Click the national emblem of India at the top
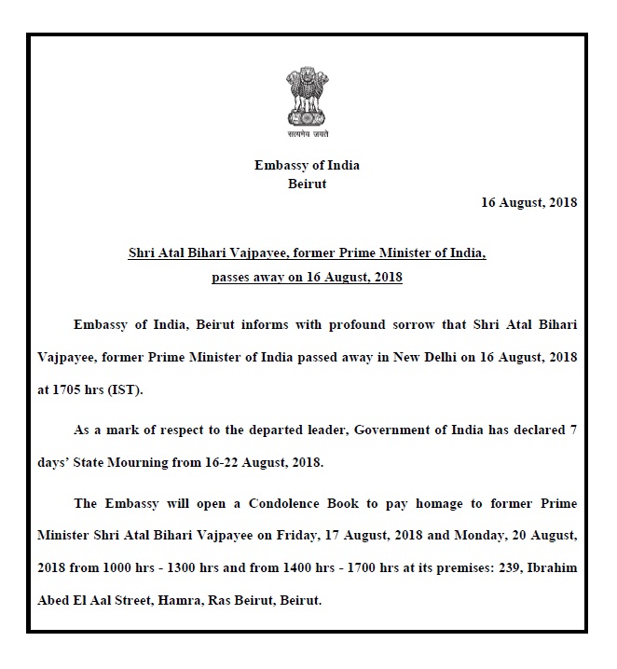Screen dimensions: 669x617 [307, 95]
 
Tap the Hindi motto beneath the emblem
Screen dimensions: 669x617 [307, 134]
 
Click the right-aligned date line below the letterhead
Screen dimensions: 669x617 [529, 202]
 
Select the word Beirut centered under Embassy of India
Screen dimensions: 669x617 [307, 184]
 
